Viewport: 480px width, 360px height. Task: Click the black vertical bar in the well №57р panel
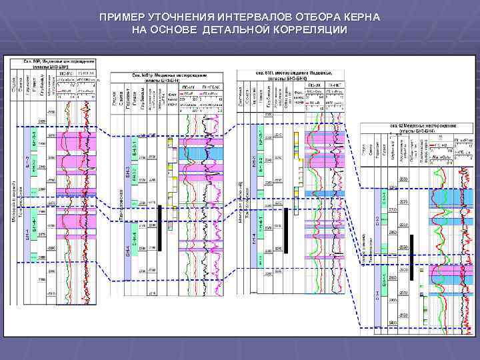(x=160, y=227)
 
